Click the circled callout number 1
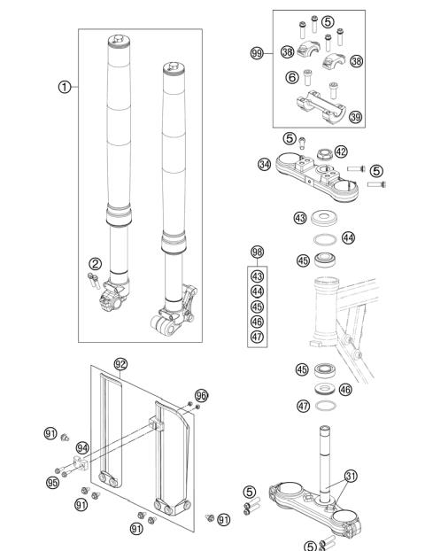63,88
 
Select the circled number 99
258,53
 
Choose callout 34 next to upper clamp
265,163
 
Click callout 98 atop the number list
258,252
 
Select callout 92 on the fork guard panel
121,362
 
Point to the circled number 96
201,395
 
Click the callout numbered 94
82,447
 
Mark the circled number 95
51,482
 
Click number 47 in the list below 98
258,336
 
